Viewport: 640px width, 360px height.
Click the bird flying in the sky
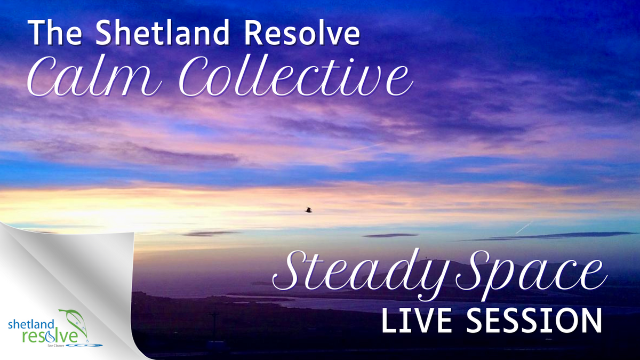(308, 210)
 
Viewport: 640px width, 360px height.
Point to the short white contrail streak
(524, 227)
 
